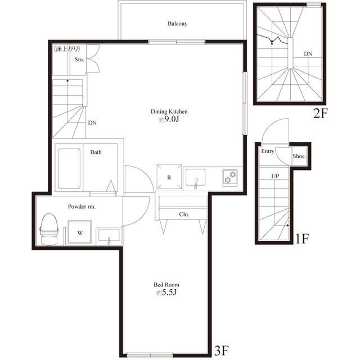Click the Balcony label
coord(177,24)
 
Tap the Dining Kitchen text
coord(169,111)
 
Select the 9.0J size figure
coord(172,119)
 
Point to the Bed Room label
coord(166,285)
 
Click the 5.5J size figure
coord(169,292)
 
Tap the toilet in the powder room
coord(49,229)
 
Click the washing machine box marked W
coord(80,232)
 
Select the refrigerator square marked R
coord(169,177)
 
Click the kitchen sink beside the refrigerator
coord(195,178)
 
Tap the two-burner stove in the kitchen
coord(230,178)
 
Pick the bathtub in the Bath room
coord(69,169)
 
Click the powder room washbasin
coord(109,236)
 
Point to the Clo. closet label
coord(184,214)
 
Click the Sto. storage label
coord(79,60)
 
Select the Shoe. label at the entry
coord(299,156)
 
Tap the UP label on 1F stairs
coord(275,176)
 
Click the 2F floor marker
coord(320,113)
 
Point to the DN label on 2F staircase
coord(308,54)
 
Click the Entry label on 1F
coord(268,151)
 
